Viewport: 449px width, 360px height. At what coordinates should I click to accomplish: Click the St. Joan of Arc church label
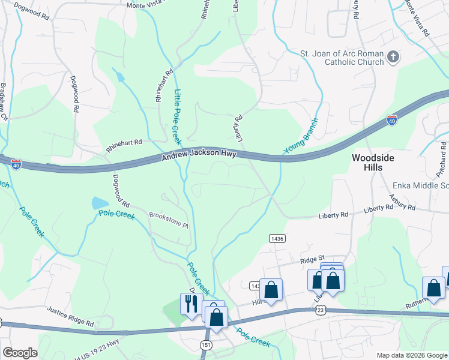[x=342, y=58]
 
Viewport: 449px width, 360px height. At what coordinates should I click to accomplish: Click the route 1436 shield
[x=277, y=238]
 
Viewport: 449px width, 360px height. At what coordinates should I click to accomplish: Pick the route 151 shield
[x=206, y=345]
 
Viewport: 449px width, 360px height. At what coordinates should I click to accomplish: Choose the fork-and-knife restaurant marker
[x=191, y=304]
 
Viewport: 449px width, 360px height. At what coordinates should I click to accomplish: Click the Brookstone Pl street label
[x=169, y=215]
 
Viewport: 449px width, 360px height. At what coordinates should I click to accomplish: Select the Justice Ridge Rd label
[x=70, y=317]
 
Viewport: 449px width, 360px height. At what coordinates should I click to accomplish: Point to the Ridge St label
[x=312, y=260]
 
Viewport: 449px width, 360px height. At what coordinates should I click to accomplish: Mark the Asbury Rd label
[x=402, y=205]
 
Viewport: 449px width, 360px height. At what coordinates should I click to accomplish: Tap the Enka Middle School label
[x=420, y=185]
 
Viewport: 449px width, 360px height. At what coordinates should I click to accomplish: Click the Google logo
[x=20, y=353]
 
